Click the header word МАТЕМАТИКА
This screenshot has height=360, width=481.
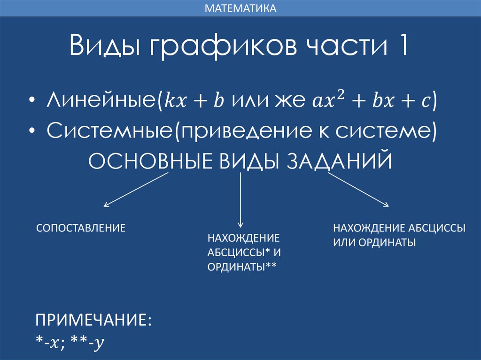[240, 8]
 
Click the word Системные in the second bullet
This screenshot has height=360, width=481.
[110, 131]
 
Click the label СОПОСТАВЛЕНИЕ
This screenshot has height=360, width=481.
[81, 229]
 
